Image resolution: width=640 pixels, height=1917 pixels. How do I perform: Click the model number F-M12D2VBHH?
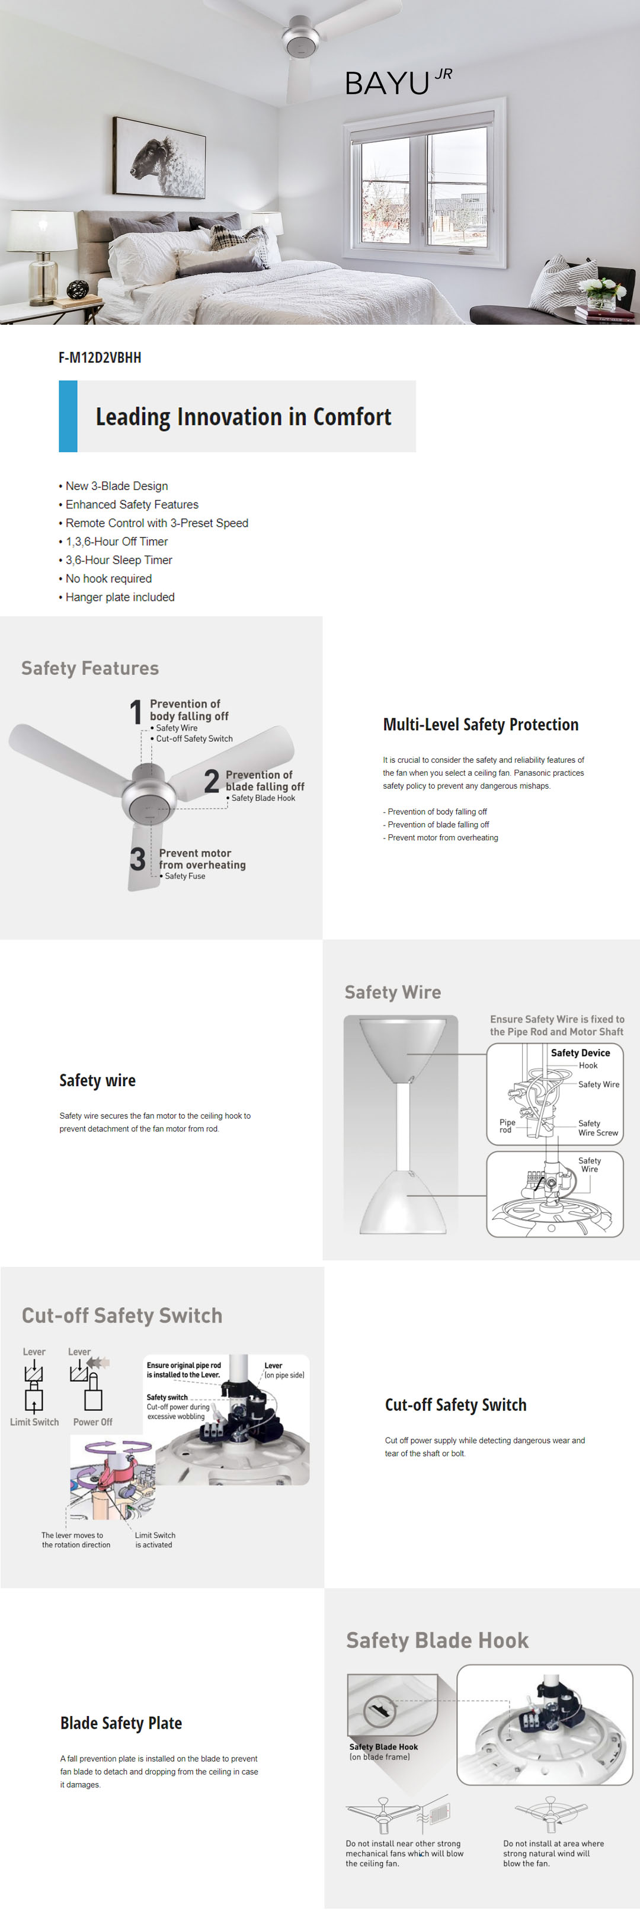100,357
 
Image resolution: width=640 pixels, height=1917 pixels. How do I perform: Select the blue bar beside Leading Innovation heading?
68,416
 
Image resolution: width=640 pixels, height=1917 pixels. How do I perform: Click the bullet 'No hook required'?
108,578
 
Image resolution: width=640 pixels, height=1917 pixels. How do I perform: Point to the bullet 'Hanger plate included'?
120,597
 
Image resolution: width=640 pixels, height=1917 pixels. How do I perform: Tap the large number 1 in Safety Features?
136,712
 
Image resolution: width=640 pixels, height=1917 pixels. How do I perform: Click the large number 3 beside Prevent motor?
137,859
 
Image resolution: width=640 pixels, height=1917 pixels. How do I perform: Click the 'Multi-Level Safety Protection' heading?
480,725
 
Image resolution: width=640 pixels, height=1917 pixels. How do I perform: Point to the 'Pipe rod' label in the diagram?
507,1126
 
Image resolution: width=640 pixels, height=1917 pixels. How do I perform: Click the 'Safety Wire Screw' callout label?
597,1128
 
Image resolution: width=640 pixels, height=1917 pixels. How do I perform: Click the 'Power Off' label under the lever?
93,1422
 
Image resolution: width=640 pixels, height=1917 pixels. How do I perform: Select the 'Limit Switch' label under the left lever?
34,1422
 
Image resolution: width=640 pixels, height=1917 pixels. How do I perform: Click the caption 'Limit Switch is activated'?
155,1540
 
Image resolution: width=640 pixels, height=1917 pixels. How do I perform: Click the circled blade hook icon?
379,1710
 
